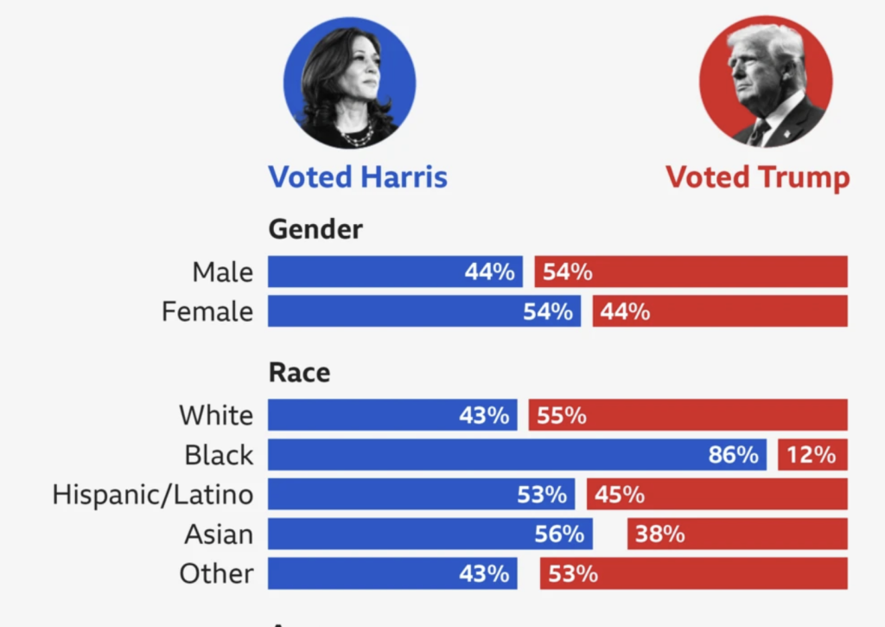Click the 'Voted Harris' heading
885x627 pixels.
click(358, 177)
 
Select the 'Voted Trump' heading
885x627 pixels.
click(757, 177)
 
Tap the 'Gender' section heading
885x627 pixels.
click(315, 229)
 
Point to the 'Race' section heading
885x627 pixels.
click(299, 372)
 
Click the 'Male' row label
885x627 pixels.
click(223, 272)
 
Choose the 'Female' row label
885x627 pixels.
click(207, 311)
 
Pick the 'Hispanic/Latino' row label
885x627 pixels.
click(153, 495)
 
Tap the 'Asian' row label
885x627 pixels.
click(219, 534)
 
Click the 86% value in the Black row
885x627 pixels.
click(733, 455)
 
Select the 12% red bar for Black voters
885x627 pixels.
click(812, 455)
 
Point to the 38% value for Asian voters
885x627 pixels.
click(660, 534)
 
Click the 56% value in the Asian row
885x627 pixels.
click(559, 534)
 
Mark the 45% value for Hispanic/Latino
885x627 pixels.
click(620, 495)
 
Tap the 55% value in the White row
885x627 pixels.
click(562, 415)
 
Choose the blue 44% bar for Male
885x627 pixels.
click(395, 272)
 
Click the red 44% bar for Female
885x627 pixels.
click(719, 311)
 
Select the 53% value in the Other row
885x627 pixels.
click(573, 573)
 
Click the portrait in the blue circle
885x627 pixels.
click(349, 83)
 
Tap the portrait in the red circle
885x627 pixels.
click(765, 83)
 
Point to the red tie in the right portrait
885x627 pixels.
click(759, 131)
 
